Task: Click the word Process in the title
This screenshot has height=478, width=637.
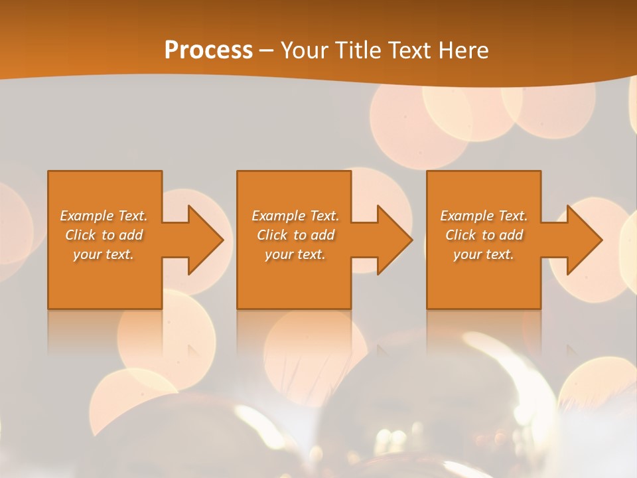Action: (x=208, y=50)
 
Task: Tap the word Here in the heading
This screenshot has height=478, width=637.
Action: (x=463, y=50)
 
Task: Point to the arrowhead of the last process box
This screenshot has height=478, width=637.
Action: (x=583, y=240)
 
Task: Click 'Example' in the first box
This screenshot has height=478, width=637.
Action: (x=87, y=216)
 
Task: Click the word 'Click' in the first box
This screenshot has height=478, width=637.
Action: (x=80, y=235)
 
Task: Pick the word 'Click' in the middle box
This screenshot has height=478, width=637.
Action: (x=272, y=235)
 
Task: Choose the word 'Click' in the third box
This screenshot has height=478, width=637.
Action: (x=460, y=235)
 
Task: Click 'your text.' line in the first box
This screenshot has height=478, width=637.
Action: (x=104, y=254)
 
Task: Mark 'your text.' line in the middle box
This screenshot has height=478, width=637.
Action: (x=295, y=254)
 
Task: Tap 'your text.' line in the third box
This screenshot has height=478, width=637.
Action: (x=484, y=254)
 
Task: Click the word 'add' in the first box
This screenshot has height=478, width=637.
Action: (x=131, y=235)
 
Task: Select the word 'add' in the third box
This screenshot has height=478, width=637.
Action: (x=511, y=235)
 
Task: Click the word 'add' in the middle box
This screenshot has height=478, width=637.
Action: (x=322, y=235)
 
